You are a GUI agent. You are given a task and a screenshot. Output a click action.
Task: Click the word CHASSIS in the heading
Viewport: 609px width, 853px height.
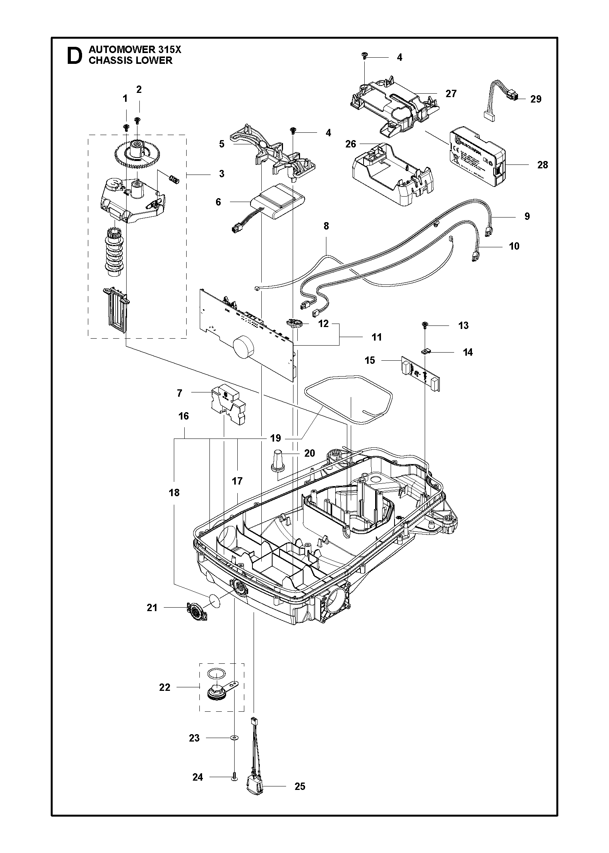coord(109,60)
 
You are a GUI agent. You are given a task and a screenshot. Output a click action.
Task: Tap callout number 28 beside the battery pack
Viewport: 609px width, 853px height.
coord(543,164)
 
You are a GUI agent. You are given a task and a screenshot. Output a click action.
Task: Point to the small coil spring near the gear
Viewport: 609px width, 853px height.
coord(174,179)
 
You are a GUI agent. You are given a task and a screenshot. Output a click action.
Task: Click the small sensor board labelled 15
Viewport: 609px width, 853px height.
coord(420,373)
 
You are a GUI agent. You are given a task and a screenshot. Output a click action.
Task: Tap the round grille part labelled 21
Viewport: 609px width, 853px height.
coord(196,612)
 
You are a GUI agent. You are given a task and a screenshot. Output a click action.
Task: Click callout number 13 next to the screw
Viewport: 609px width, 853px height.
coord(463,325)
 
